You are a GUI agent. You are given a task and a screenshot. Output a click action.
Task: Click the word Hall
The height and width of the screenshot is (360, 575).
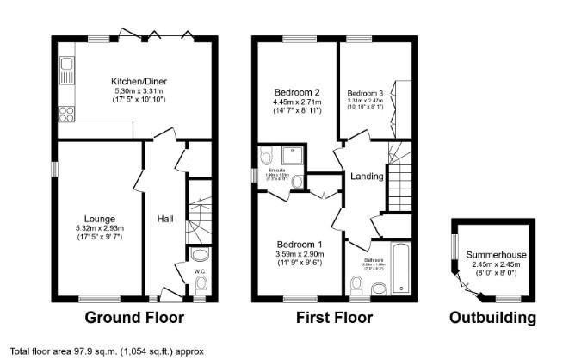tap(165, 220)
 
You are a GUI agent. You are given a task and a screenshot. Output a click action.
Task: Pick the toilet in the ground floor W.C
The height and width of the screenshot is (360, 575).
tap(201, 256)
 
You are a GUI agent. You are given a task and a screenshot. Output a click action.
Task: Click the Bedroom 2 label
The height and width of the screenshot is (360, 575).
tap(297, 92)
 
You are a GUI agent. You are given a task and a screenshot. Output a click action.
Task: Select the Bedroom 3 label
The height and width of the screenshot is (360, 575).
tap(365, 93)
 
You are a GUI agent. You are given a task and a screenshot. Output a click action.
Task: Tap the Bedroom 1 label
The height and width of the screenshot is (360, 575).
tap(298, 244)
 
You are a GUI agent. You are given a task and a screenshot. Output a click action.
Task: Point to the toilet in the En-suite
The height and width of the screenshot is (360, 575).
tap(266, 156)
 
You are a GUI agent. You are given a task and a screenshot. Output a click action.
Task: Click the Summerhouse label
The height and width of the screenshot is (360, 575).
tap(497, 256)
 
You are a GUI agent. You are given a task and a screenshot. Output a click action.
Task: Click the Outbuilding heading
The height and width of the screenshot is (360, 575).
tap(492, 318)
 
